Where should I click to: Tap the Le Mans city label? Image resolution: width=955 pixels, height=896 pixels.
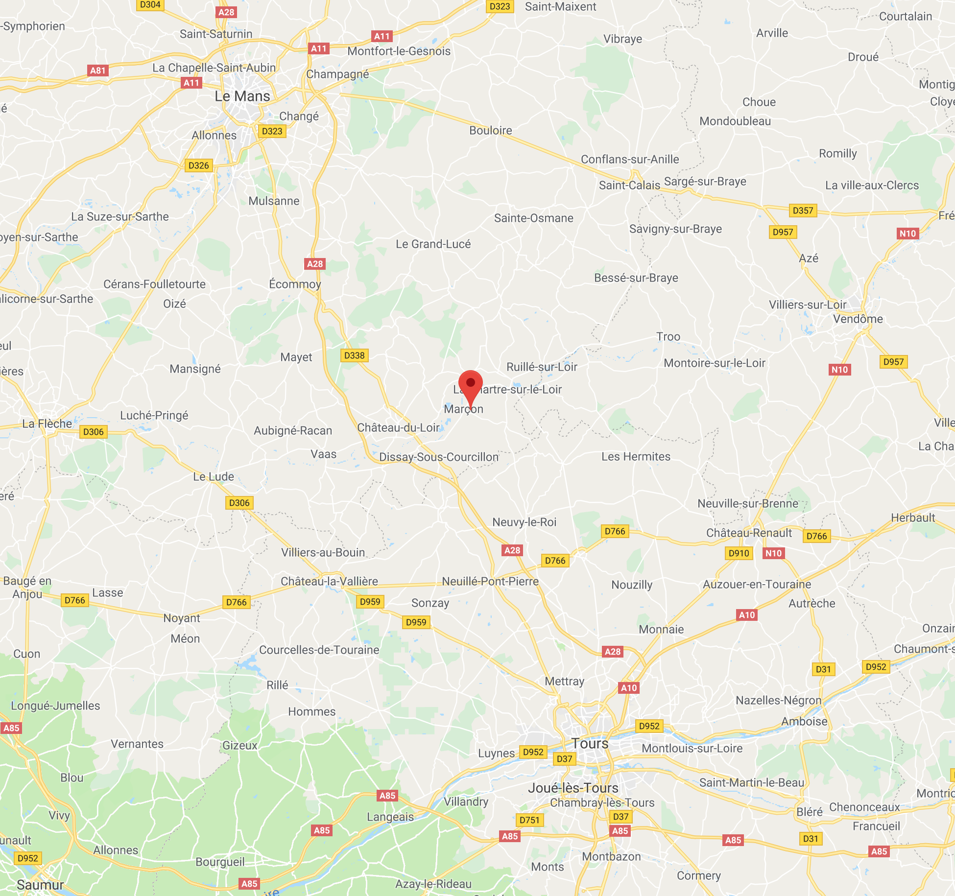(242, 96)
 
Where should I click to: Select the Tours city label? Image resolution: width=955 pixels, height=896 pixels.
(590, 743)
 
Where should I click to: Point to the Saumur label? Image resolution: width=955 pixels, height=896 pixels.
(40, 885)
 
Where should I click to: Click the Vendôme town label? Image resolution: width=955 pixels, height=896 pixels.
(858, 319)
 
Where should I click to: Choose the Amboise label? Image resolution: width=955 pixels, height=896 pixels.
(804, 721)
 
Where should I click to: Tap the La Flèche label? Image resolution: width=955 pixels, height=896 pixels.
(47, 424)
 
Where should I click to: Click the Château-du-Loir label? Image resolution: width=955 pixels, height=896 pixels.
(398, 427)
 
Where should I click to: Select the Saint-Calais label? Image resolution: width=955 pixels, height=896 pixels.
(629, 185)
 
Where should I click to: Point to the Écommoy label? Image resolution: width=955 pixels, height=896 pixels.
(295, 284)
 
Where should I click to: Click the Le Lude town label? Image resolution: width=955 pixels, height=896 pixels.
(214, 476)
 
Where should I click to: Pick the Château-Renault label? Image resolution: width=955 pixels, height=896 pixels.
(749, 533)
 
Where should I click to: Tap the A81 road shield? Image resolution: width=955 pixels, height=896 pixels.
(98, 71)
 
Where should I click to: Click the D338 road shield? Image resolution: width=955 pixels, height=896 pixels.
(354, 355)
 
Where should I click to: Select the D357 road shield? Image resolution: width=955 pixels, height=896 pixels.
(803, 211)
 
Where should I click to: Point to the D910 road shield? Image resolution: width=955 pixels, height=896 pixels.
(739, 553)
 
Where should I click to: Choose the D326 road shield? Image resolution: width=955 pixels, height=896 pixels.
(198, 165)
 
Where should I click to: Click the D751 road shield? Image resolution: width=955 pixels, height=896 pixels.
(529, 820)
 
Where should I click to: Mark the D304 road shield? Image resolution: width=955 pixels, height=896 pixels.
(150, 5)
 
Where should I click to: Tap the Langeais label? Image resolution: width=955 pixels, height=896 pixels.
(390, 817)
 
